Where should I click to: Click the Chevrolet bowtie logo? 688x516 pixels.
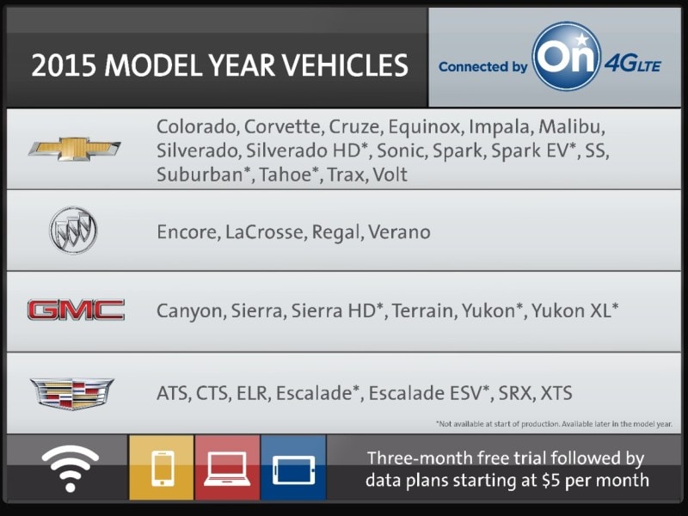coord(75,148)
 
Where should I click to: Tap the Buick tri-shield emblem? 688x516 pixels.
coord(73,230)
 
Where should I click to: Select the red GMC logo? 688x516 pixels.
coord(76,310)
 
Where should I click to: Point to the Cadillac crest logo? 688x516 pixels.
coord(72,393)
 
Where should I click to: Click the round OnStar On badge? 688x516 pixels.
coord(567,56)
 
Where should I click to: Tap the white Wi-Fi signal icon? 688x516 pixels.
coord(71,468)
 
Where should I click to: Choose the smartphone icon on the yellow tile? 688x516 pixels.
coord(163,469)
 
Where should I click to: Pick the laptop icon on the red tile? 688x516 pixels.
coord(227,469)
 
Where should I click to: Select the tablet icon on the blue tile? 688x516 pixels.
coord(293,470)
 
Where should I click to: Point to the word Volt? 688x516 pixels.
coord(390,175)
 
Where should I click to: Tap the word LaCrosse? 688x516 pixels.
coord(264,231)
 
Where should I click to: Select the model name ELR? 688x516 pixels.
coord(253,393)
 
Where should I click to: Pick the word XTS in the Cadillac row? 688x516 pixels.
coord(556,393)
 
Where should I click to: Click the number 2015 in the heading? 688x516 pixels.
coord(64,66)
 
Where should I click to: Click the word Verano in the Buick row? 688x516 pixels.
coord(399,231)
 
